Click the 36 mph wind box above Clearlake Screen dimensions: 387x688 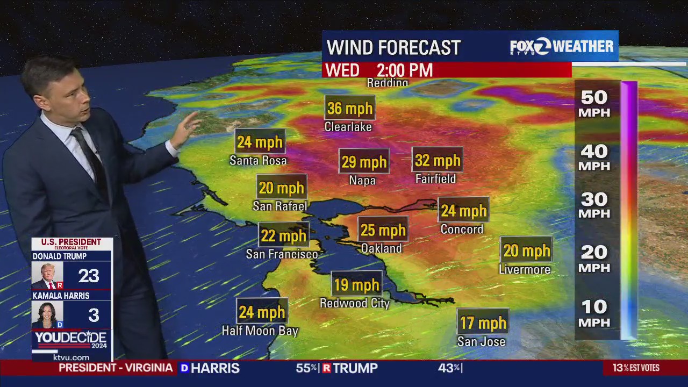coord(350,108)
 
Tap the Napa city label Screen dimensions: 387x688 coord(362,181)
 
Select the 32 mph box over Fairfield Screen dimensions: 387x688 coord(438,160)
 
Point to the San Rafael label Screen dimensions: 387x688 coord(280,206)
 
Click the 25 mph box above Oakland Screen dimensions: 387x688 coord(383,230)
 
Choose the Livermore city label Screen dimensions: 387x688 coord(525,269)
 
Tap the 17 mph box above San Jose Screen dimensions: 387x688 coord(483,322)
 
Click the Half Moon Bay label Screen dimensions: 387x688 coord(260,331)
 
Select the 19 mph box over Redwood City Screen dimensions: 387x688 coord(356,285)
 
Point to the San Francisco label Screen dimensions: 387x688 coord(282,254)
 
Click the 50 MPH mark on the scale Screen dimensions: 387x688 coord(594,104)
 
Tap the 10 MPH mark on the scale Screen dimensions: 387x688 coord(594,313)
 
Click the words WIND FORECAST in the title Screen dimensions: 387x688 coord(393,47)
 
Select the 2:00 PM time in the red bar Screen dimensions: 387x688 coord(404,70)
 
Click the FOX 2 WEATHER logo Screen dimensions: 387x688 coord(562,47)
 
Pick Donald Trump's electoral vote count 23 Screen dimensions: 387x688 coord(89,276)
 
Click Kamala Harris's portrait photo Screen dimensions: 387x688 coord(47,315)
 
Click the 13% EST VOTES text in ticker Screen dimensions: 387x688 coord(636,368)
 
